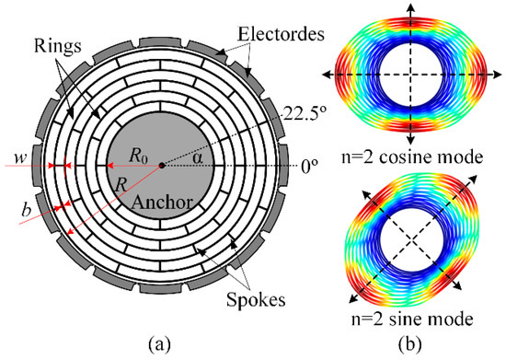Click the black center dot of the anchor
pos(163,166)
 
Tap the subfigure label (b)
pos(413,346)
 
